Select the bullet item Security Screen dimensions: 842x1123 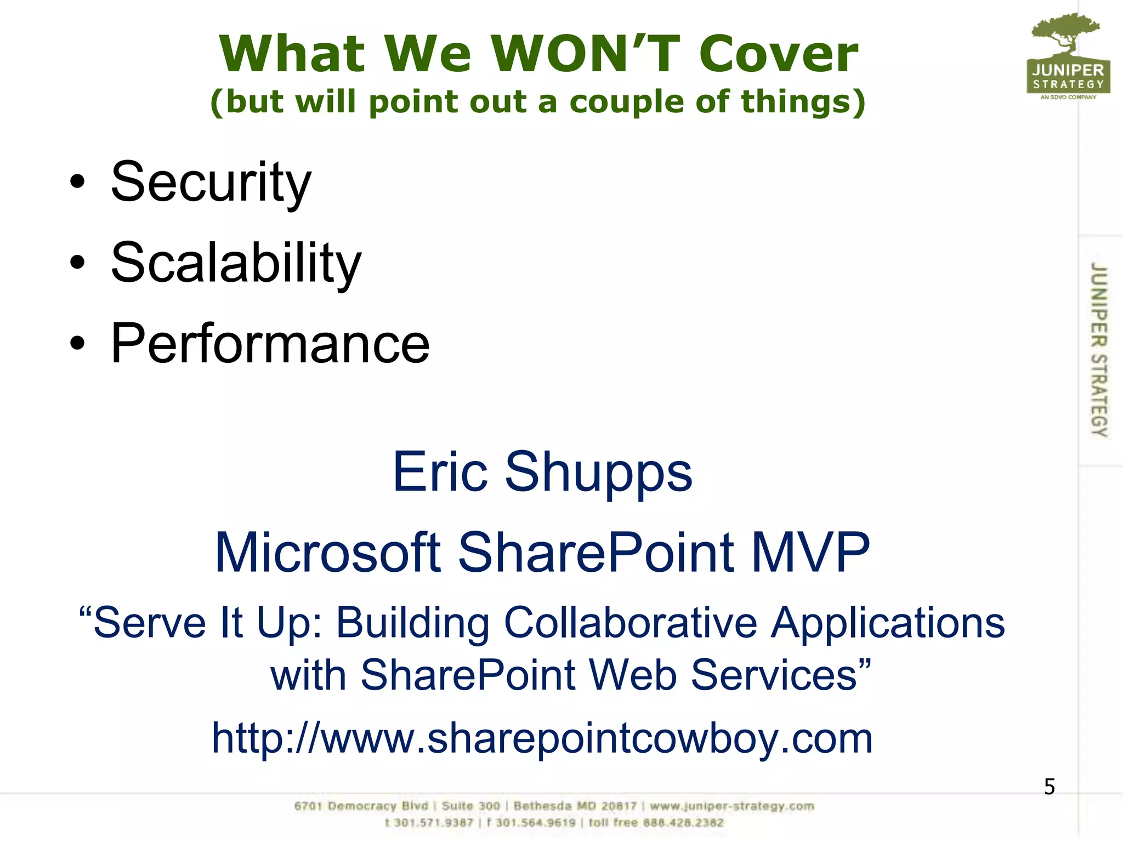(211, 182)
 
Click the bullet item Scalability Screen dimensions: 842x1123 (236, 263)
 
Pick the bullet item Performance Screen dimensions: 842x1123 (270, 344)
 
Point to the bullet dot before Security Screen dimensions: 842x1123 (78, 182)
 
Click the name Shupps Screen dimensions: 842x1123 (598, 472)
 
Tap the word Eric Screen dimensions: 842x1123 (440, 472)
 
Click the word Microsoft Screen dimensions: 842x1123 (328, 553)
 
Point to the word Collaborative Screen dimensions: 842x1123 (630, 623)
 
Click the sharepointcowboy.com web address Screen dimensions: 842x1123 (542, 738)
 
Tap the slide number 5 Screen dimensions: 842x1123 (1049, 787)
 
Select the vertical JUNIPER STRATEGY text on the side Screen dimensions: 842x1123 (1099, 349)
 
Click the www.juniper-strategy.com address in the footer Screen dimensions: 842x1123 (732, 806)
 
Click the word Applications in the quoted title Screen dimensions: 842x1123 (888, 623)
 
